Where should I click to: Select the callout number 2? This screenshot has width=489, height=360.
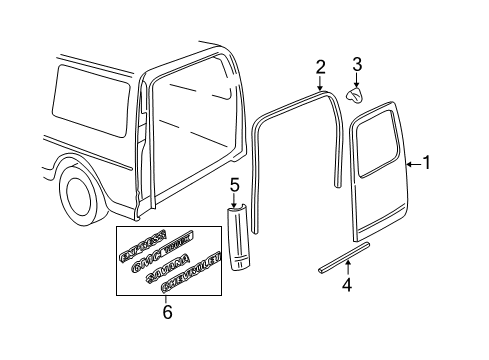point(320,67)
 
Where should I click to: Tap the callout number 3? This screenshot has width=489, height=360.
point(357,67)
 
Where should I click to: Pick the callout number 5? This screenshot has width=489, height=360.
point(234,185)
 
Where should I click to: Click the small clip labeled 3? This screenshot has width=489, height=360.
point(356,94)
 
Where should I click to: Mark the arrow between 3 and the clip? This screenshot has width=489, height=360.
point(357,80)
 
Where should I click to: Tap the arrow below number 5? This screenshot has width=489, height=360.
point(235,200)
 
